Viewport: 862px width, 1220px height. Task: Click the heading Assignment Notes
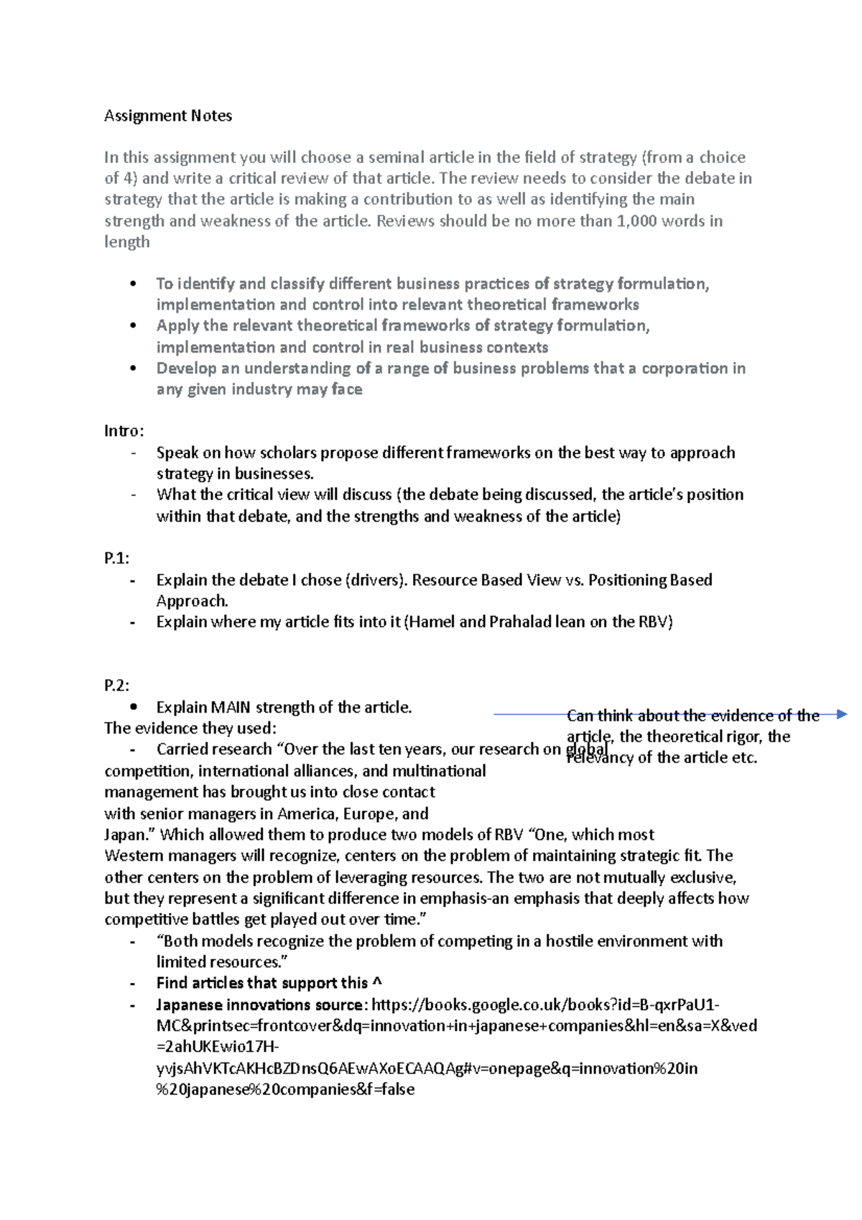pyautogui.click(x=168, y=116)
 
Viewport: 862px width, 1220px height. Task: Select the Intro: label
pyautogui.click(x=124, y=431)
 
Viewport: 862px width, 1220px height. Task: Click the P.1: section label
pyautogui.click(x=117, y=558)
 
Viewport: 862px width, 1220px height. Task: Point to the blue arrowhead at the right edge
pyautogui.click(x=842, y=714)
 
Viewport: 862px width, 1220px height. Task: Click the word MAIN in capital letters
pyautogui.click(x=231, y=707)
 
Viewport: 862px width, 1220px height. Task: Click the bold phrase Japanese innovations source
pyautogui.click(x=260, y=1004)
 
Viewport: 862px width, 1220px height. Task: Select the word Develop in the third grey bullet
pyautogui.click(x=186, y=369)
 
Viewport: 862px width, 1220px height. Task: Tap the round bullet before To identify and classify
pyautogui.click(x=133, y=284)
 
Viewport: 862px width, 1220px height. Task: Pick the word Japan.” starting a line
pyautogui.click(x=130, y=835)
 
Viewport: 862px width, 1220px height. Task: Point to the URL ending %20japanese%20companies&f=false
pyautogui.click(x=285, y=1089)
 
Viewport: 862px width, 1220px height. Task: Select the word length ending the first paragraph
pyautogui.click(x=127, y=242)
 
